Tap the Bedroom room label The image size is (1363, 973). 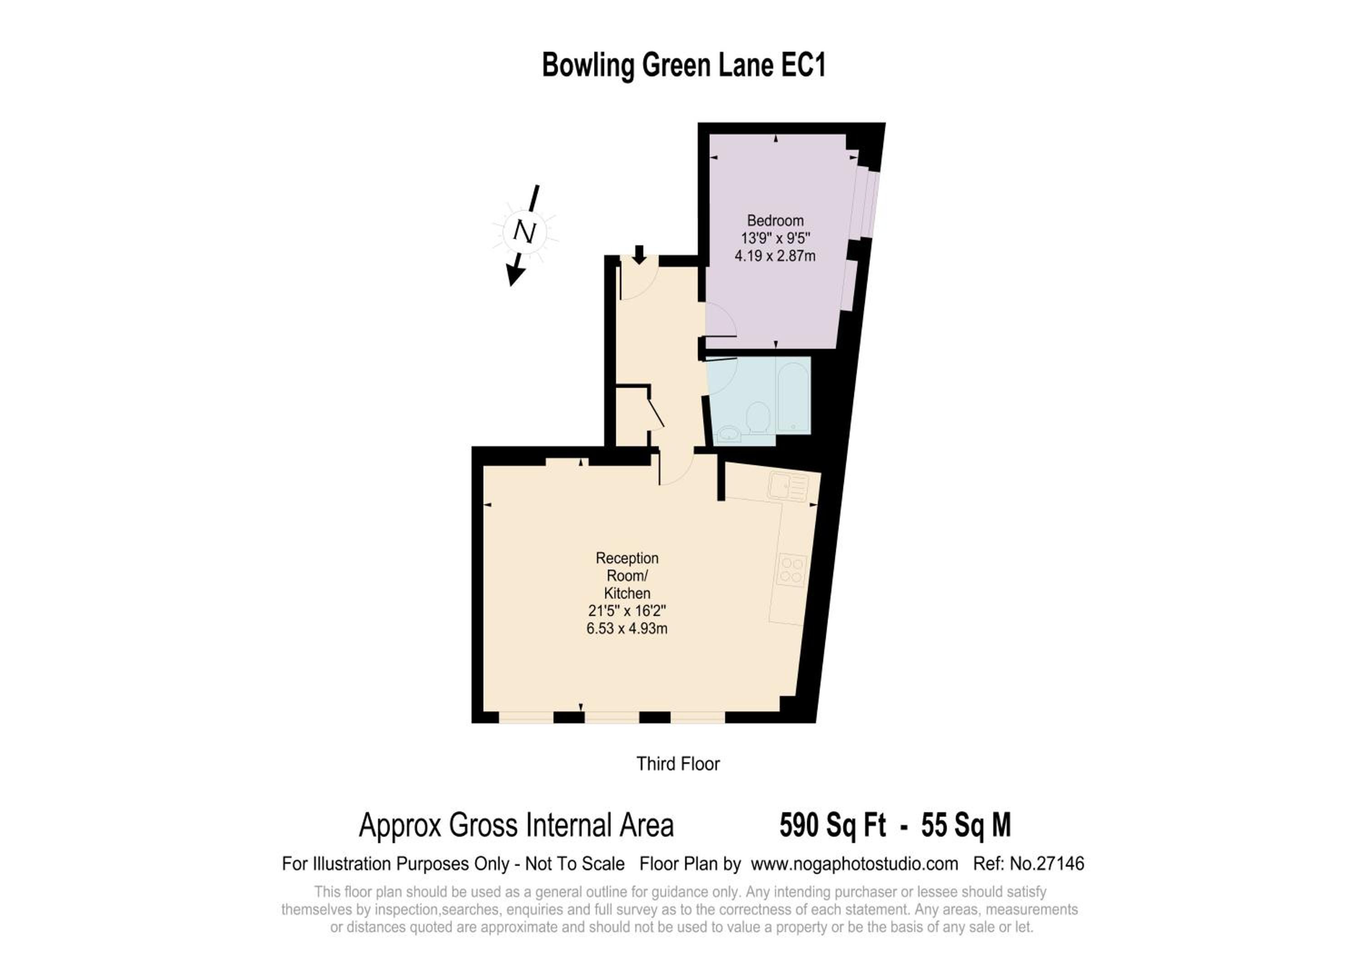click(x=775, y=220)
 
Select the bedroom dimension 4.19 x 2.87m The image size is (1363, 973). click(x=775, y=256)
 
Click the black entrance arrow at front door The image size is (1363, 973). click(x=639, y=254)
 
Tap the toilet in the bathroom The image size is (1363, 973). click(x=758, y=417)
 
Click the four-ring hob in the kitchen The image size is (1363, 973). click(x=791, y=570)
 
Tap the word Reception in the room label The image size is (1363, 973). click(x=627, y=558)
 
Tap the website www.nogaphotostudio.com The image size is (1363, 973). click(x=854, y=864)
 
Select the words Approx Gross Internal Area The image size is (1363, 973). click(x=516, y=825)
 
